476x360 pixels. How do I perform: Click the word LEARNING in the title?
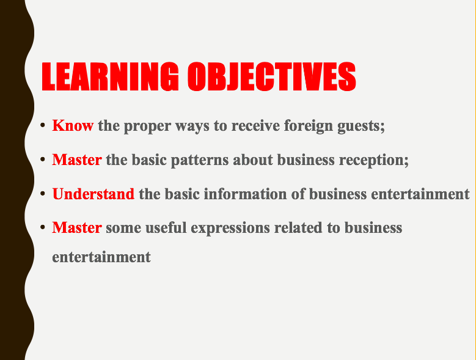110,76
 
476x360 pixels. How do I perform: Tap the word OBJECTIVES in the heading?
272,76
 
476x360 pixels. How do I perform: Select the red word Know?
73,125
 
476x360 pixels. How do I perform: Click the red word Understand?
93,194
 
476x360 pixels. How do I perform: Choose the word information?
245,194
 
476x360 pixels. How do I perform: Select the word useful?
166,227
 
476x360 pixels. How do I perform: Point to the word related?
298,227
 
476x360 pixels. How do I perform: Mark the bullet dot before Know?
43,125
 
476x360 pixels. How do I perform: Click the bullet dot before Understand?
43,193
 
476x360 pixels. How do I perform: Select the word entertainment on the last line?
101,257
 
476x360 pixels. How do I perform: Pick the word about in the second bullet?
253,160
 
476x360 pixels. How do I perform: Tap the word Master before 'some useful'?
77,227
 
